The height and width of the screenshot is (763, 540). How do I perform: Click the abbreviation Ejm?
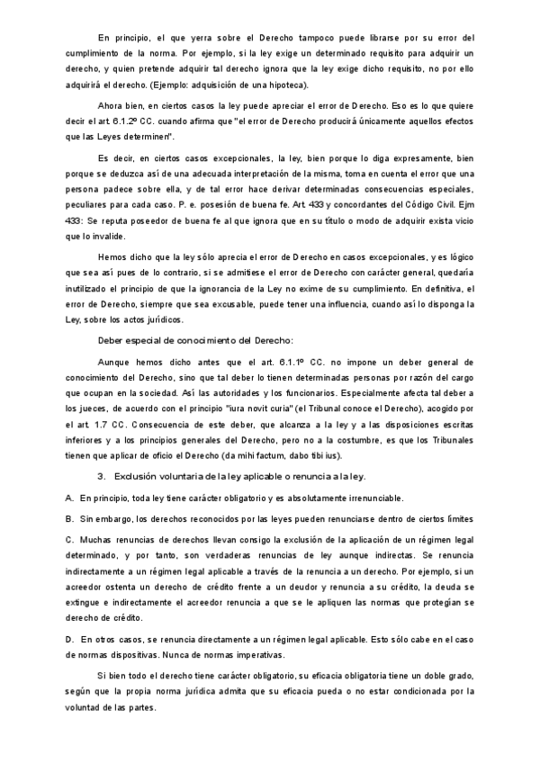pos(463,203)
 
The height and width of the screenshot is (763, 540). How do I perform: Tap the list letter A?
pos(69,498)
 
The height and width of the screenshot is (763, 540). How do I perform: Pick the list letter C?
pos(69,538)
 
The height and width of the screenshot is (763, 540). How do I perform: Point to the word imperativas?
pos(256,654)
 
